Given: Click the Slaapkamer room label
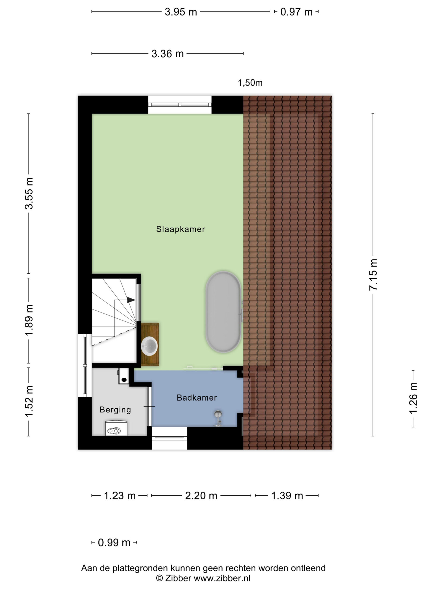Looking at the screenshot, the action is (x=180, y=229).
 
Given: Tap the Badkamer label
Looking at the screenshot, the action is (x=197, y=398).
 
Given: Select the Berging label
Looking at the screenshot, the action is (x=115, y=410).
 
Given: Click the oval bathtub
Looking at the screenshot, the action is (x=223, y=312).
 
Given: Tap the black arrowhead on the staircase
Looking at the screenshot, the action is (x=131, y=300).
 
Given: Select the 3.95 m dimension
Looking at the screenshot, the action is (x=181, y=12).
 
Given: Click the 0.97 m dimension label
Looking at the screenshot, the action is (x=296, y=12).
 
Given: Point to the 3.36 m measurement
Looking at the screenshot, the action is (x=168, y=54).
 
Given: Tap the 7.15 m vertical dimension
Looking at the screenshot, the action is (x=373, y=274).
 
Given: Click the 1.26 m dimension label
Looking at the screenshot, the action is (x=413, y=398).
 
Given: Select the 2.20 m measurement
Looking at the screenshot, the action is (x=201, y=496).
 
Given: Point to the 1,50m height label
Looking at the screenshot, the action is (x=250, y=83).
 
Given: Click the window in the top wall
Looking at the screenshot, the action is (x=180, y=105).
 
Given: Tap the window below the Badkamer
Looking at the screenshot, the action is (x=169, y=438).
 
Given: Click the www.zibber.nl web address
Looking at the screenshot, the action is (x=222, y=578).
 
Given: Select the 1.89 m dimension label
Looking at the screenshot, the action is (x=29, y=320).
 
